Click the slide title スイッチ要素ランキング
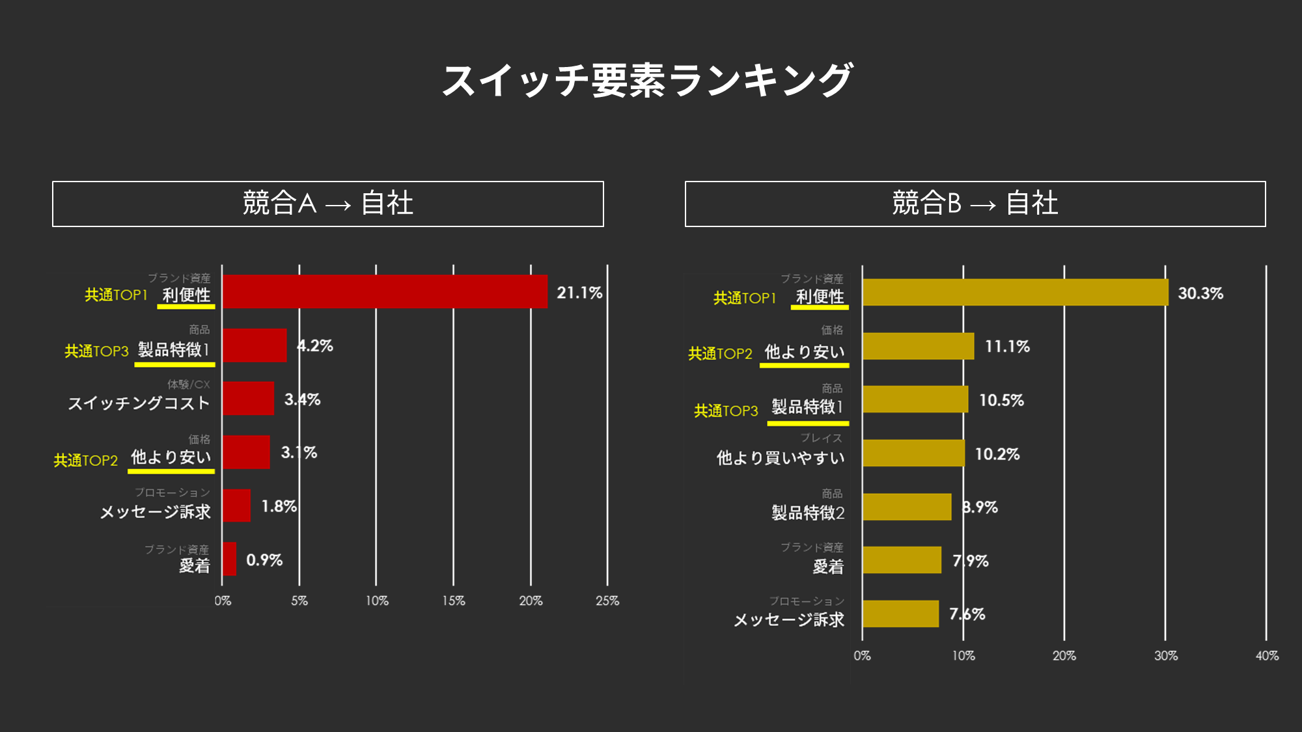pyautogui.click(x=647, y=81)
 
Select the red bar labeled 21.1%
pyautogui.click(x=385, y=291)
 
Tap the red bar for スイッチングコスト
pyautogui.click(x=248, y=398)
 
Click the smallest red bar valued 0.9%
pyautogui.click(x=229, y=559)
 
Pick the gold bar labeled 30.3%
pyautogui.click(x=1015, y=292)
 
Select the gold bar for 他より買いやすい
pyautogui.click(x=913, y=453)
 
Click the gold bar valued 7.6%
pyautogui.click(x=900, y=614)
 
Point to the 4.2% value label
pyautogui.click(x=315, y=346)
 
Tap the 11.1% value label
pyautogui.click(x=1007, y=346)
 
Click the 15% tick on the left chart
pyautogui.click(x=454, y=601)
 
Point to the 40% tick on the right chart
pyautogui.click(x=1266, y=656)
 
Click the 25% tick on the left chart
pyautogui.click(x=607, y=601)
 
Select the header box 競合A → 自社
pyautogui.click(x=328, y=204)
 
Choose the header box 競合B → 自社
pyautogui.click(x=975, y=204)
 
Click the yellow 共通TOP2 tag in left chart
pyautogui.click(x=86, y=461)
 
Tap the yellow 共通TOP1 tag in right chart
pyautogui.click(x=745, y=298)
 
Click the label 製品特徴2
pyautogui.click(x=808, y=513)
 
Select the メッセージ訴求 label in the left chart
pyautogui.click(x=156, y=512)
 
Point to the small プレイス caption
pyautogui.click(x=821, y=438)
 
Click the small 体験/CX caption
pyautogui.click(x=189, y=385)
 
